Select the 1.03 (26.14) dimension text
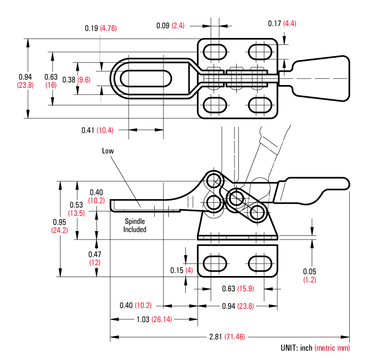click(x=150, y=319)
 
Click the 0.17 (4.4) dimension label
click(x=282, y=23)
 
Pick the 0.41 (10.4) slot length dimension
click(x=97, y=130)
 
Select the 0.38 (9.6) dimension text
click(x=76, y=79)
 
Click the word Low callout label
click(x=108, y=151)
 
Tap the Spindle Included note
click(x=135, y=225)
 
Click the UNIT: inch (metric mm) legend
click(x=315, y=348)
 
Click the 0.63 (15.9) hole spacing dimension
click(x=237, y=289)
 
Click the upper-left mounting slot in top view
click(x=214, y=51)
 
